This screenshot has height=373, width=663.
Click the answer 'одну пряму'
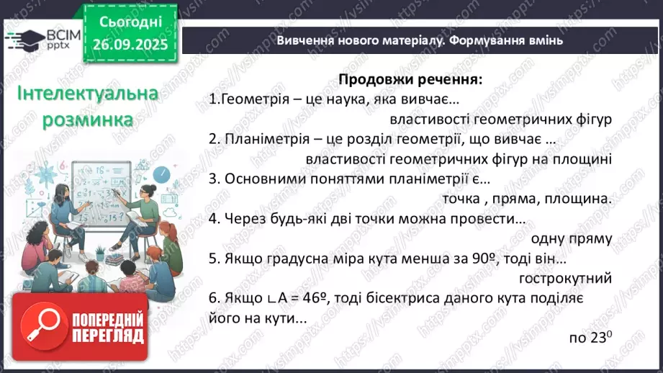coord(572,238)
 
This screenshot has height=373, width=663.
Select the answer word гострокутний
coord(565,277)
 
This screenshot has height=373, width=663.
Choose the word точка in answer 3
coord(456,199)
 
